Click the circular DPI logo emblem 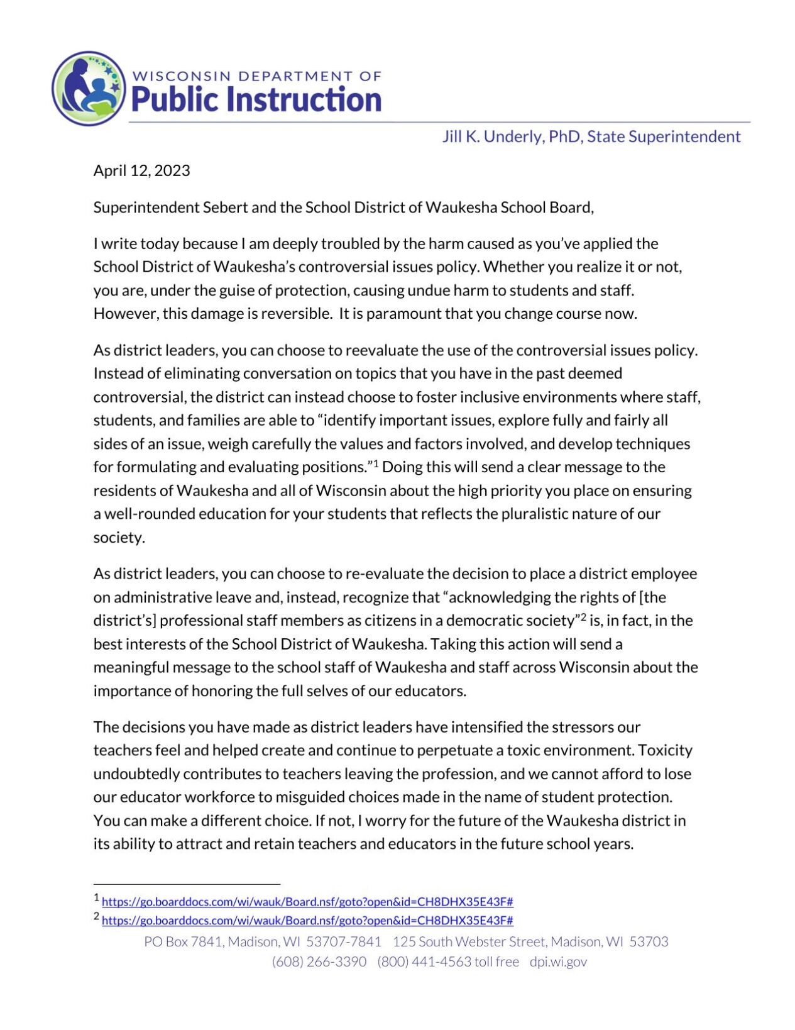pos(89,88)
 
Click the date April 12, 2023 pos(141,170)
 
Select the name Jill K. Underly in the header pos(492,136)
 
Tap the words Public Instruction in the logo pos(256,100)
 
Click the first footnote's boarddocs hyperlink pos(307,902)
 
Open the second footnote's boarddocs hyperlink pos(307,921)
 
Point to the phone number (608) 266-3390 pos(319,961)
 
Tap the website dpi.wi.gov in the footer pos(558,961)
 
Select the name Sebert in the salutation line pos(226,208)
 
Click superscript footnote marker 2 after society pos(583,617)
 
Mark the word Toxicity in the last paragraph pos(665,750)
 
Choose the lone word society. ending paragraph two pos(119,538)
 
